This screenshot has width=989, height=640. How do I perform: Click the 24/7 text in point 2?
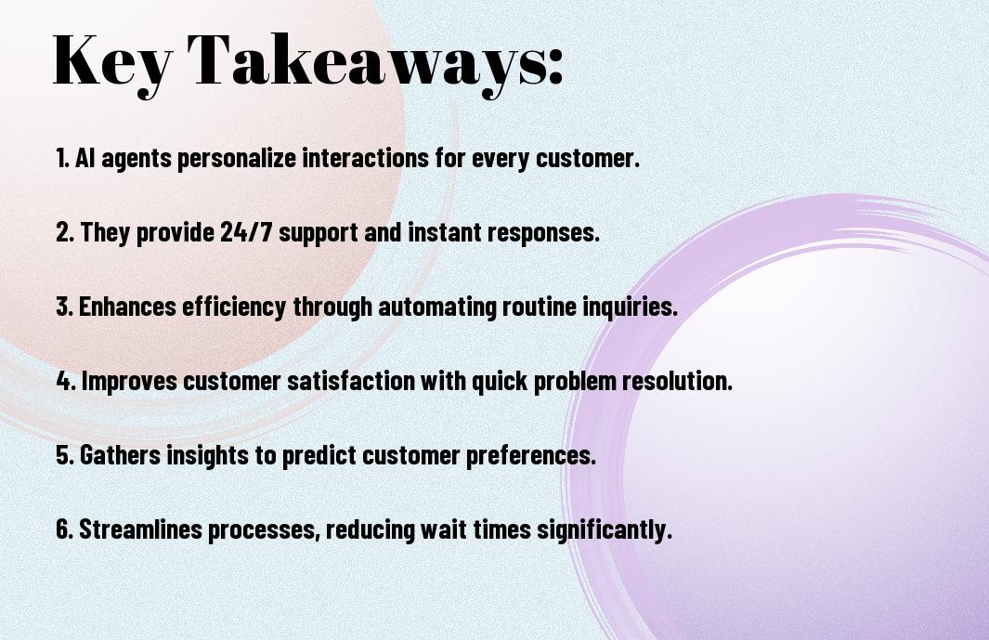[x=247, y=231]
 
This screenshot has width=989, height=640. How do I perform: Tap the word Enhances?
[x=127, y=307]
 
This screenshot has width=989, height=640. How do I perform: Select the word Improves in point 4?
[x=129, y=381]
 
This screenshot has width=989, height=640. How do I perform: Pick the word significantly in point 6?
[x=605, y=530]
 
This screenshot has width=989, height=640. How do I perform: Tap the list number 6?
[x=64, y=529]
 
